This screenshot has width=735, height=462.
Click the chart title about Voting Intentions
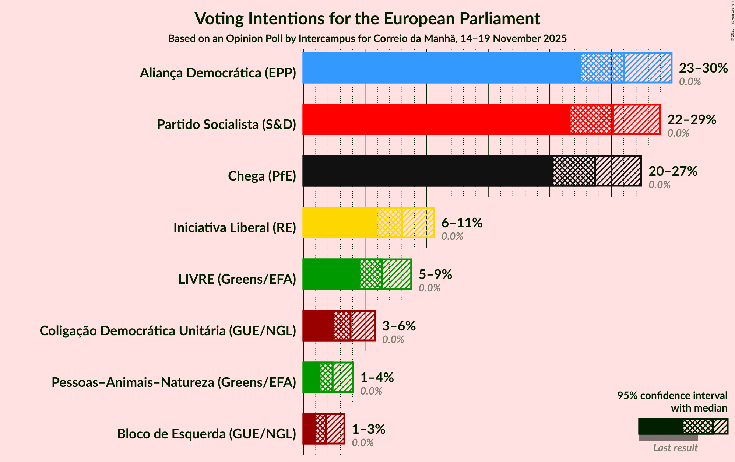367,19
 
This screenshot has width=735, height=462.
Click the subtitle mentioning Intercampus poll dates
367,39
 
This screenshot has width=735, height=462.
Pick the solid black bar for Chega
428,171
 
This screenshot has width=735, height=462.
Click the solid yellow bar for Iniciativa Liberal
340,223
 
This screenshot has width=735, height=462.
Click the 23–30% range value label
703,68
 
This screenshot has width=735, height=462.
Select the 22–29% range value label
691,120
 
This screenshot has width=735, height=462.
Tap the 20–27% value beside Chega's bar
672,171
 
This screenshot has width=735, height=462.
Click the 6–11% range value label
461,223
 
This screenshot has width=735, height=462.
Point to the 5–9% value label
435,274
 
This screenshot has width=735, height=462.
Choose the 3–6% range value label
398,326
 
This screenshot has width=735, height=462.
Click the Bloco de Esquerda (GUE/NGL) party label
207,434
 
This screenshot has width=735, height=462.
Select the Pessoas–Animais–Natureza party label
174,382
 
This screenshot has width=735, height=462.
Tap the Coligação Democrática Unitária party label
168,331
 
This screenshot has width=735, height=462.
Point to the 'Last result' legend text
675,448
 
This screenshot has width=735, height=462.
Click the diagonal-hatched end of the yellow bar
418,223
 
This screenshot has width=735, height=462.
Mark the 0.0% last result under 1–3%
362,443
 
